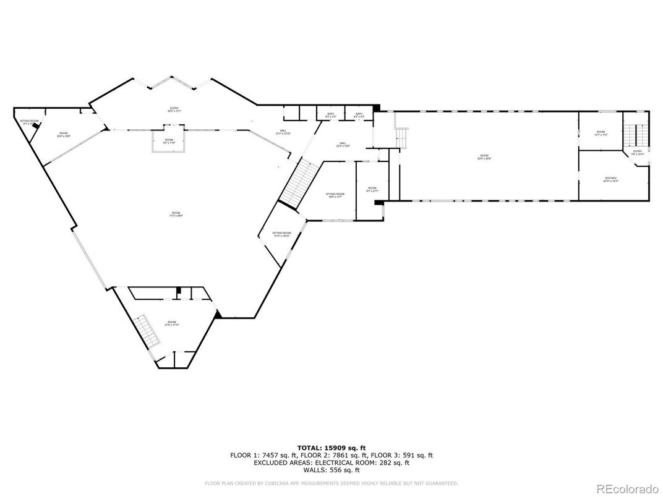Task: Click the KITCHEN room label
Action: pyautogui.click(x=610, y=179)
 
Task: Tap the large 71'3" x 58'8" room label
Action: pyautogui.click(x=176, y=215)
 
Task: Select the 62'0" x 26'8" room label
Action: pyautogui.click(x=484, y=157)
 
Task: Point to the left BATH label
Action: pyautogui.click(x=330, y=115)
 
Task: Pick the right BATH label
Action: pyautogui.click(x=359, y=115)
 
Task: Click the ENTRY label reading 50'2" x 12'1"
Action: pyautogui.click(x=174, y=110)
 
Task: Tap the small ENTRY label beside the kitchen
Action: pyautogui.click(x=637, y=152)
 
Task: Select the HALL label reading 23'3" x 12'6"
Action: pyautogui.click(x=343, y=145)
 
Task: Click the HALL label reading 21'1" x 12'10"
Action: pyautogui.click(x=283, y=132)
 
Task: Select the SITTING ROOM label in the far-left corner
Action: pyautogui.click(x=29, y=122)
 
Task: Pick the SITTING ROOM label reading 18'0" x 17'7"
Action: pyautogui.click(x=335, y=195)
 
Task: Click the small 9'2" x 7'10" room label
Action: pyautogui.click(x=169, y=142)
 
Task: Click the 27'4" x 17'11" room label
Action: pyautogui.click(x=171, y=323)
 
